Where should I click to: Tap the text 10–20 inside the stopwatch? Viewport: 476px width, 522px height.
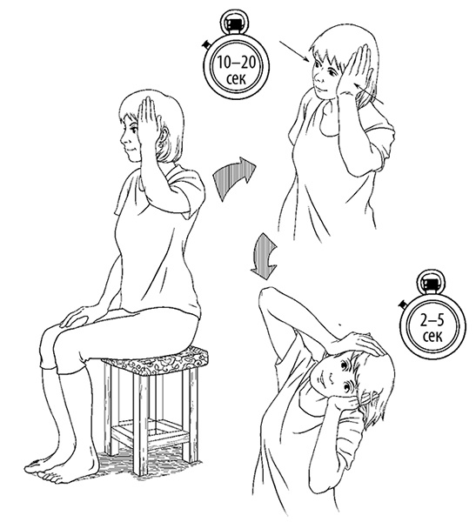click(236, 62)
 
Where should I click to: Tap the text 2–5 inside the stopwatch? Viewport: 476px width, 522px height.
click(432, 320)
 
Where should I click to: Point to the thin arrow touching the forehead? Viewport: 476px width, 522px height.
click(294, 51)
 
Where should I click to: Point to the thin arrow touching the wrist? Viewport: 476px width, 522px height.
click(370, 94)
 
